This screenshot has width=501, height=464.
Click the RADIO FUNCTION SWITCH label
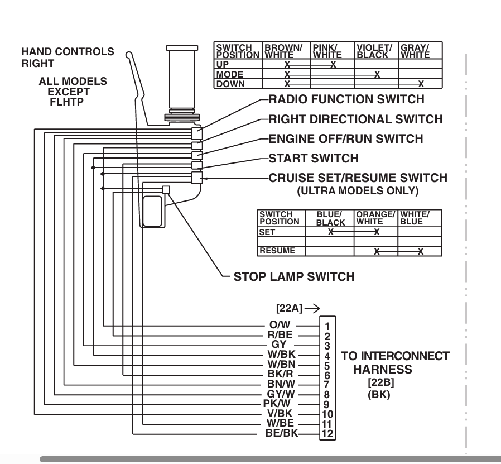tap(346, 100)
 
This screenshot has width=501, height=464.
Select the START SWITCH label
tap(314, 159)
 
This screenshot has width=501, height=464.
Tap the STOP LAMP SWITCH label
tap(294, 276)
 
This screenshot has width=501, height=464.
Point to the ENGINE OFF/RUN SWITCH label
tap(346, 139)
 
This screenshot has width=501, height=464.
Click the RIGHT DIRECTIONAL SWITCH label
tap(355, 119)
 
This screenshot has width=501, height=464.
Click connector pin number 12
tap(327, 433)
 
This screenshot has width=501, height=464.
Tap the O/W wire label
tap(278, 324)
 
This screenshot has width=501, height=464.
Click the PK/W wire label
tap(275, 404)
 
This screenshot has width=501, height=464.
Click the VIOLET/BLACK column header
tap(375, 51)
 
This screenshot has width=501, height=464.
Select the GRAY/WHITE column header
tap(416, 51)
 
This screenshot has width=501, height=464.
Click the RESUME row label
tap(277, 251)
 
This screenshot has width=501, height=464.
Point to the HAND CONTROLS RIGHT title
tap(68, 58)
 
